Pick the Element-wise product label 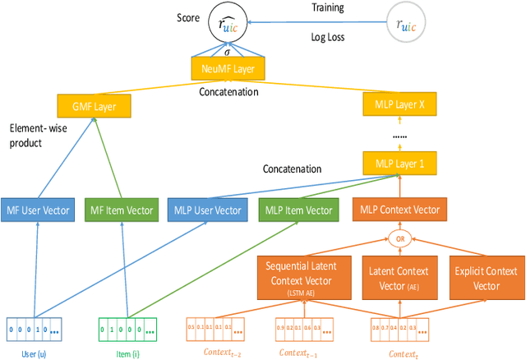38,136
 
